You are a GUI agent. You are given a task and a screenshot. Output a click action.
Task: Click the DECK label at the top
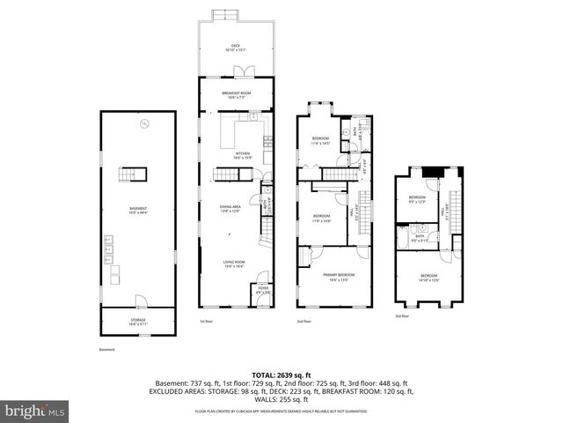click(235, 48)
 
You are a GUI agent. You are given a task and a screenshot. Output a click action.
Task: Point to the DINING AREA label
click(230, 208)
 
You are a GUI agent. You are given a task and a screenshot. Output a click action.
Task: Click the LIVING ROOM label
click(234, 263)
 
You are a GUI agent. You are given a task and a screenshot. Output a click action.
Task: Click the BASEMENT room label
click(137, 210)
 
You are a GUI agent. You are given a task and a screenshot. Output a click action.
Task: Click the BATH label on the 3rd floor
click(420, 236)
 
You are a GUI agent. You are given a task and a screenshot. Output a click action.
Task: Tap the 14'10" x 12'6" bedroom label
click(428, 278)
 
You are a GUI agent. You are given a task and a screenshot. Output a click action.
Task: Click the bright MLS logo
click(35, 410)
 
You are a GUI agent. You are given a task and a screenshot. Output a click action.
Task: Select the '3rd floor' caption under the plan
click(402, 315)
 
